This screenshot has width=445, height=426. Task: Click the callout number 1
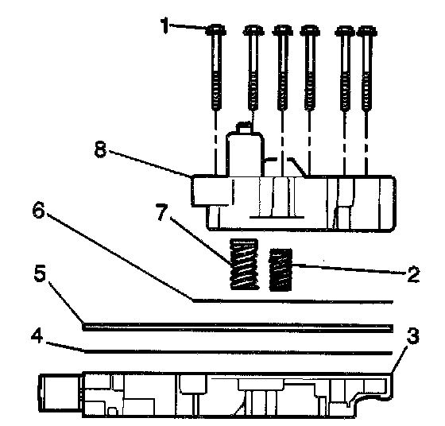coord(164,25)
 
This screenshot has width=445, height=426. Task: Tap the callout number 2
coord(413,274)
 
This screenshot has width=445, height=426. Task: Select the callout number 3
coord(413,336)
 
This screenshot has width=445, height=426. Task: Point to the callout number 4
coord(37,337)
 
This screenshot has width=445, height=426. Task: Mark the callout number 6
coord(38,211)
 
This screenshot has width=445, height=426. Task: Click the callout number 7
coord(162,212)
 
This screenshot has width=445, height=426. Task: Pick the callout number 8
coord(100,149)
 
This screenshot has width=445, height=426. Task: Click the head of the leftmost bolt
coord(216,29)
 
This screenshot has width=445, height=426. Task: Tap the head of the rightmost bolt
coord(366,31)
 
